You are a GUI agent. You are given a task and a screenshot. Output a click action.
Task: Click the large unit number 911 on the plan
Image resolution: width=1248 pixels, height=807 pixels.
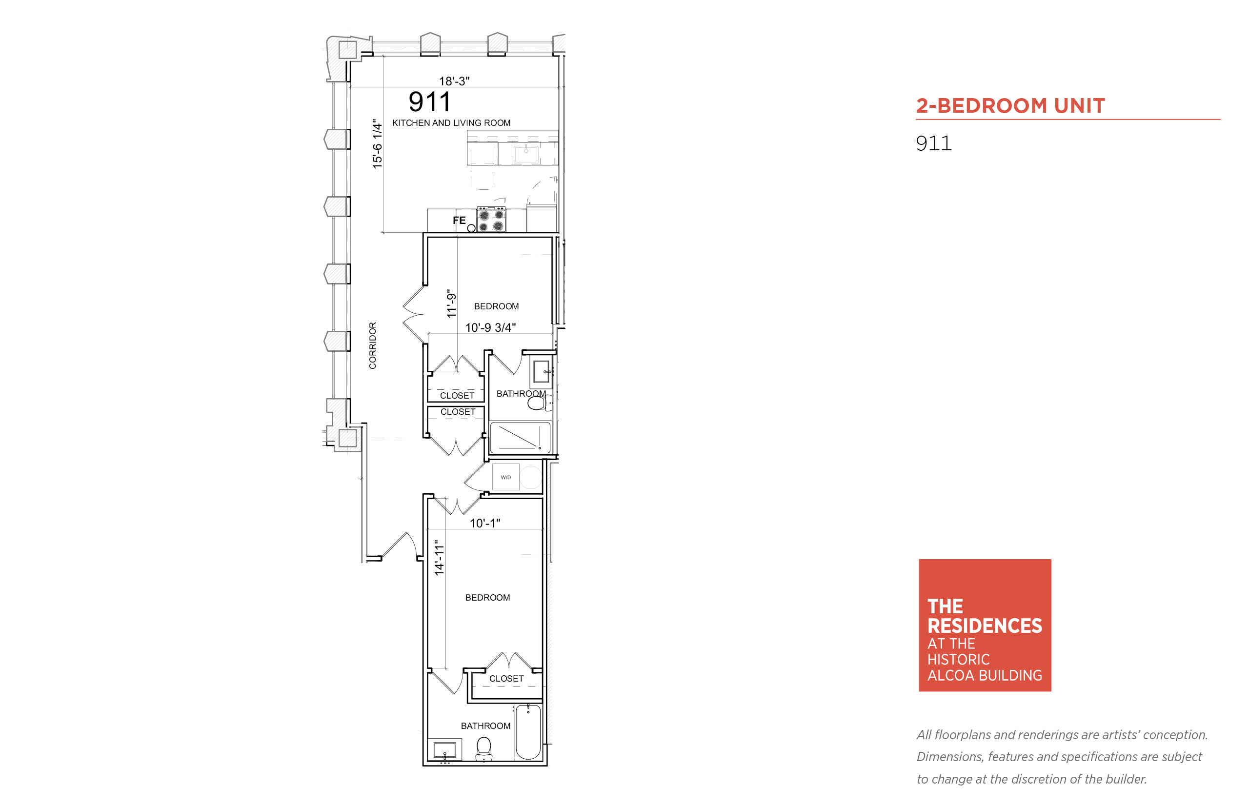pos(429,101)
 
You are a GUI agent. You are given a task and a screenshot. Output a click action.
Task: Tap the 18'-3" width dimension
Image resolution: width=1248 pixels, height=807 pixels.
pos(454,81)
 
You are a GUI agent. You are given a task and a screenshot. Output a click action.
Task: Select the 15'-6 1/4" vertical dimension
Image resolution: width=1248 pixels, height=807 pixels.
pos(377,144)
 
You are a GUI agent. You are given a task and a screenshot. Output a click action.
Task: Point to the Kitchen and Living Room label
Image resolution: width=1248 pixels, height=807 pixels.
pos(451,122)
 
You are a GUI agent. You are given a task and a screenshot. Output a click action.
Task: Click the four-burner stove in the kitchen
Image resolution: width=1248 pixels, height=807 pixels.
pos(491,220)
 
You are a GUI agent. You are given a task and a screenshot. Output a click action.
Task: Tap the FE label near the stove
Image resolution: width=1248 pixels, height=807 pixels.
pos(459,221)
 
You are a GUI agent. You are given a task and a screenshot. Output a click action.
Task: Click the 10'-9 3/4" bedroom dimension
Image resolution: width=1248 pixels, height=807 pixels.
pos(490,327)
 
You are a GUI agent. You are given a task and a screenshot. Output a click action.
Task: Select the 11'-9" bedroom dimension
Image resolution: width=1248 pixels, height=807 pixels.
pos(451,303)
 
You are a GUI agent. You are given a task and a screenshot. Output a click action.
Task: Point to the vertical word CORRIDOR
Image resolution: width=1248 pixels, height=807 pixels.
pos(373,345)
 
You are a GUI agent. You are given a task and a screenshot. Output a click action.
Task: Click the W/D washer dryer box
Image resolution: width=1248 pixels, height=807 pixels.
pos(505,477)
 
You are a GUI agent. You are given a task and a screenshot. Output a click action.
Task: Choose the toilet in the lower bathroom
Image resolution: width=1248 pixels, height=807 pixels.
pos(483,748)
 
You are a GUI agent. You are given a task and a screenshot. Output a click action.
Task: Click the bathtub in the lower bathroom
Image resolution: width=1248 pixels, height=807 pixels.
pos(527,731)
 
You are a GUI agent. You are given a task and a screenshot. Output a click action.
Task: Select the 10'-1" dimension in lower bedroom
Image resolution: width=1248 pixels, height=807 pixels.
pos(484,523)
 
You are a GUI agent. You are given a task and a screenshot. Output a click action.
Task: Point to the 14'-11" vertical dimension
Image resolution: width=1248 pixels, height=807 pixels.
pos(439,558)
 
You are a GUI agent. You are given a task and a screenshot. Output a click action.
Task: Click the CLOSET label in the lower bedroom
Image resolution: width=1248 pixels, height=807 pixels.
pos(506,679)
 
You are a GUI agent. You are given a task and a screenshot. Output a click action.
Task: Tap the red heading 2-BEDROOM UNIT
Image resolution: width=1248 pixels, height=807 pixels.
pos(1010,105)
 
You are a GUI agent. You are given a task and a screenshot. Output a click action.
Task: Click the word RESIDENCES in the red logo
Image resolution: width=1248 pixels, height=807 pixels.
pos(985,625)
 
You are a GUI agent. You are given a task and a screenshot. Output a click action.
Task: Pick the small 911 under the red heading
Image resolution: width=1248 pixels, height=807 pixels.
pos(933,143)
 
